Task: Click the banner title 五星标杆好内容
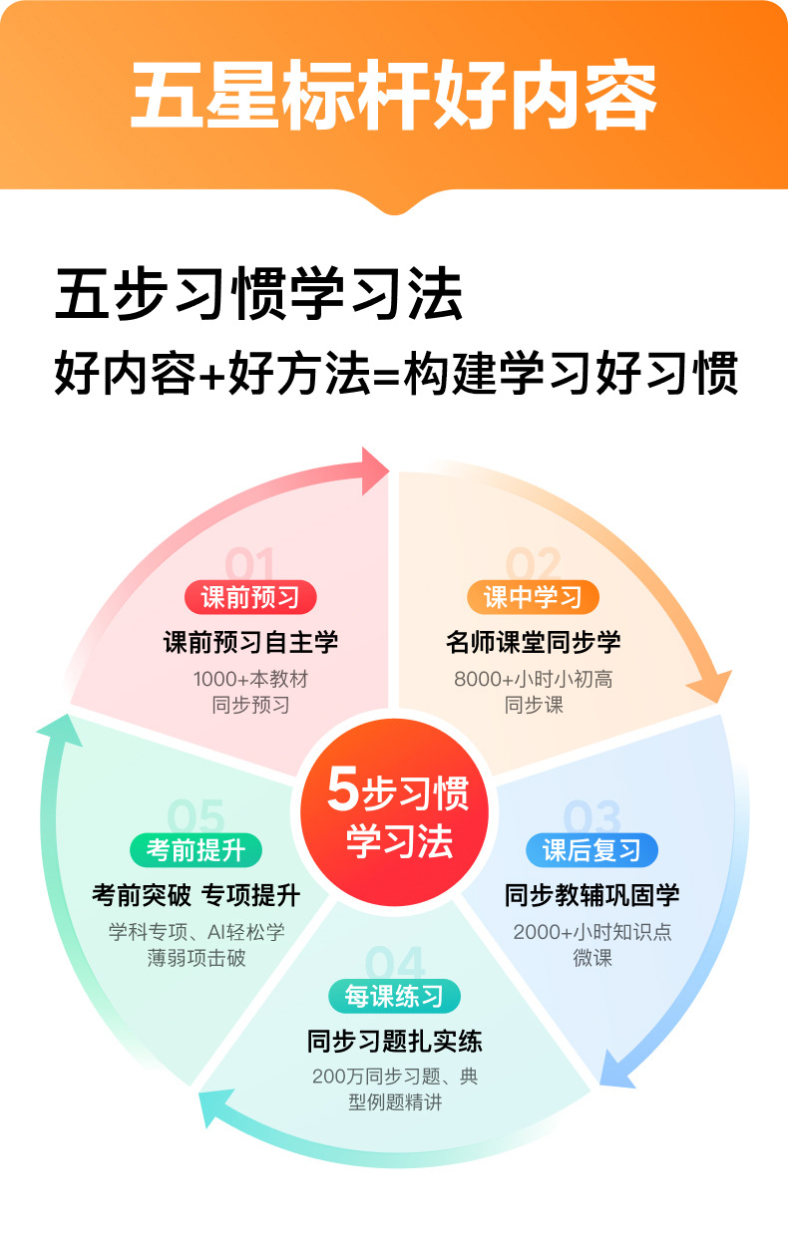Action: tap(394, 98)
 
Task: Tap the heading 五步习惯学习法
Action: tap(259, 295)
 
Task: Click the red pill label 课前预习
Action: tap(250, 597)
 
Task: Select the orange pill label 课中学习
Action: tap(533, 597)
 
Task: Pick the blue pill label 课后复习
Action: tap(591, 850)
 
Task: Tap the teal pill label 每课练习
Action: tap(394, 996)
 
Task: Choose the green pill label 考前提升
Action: tap(196, 850)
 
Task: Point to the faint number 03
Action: tap(591, 818)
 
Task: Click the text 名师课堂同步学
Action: tap(533, 642)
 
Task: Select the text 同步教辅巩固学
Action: tap(591, 895)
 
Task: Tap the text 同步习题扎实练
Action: tap(394, 1042)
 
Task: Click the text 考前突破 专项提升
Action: tap(196, 895)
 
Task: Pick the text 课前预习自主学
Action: tap(250, 642)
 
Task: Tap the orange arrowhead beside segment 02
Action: tap(709, 689)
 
